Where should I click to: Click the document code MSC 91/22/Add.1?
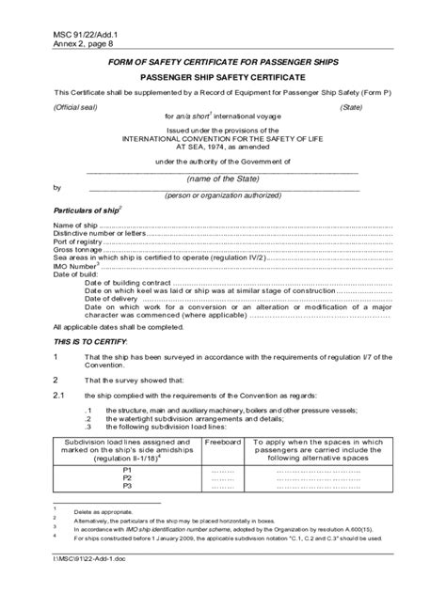(73, 35)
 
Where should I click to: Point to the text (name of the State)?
(222, 179)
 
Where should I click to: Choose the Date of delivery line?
(113, 289)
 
